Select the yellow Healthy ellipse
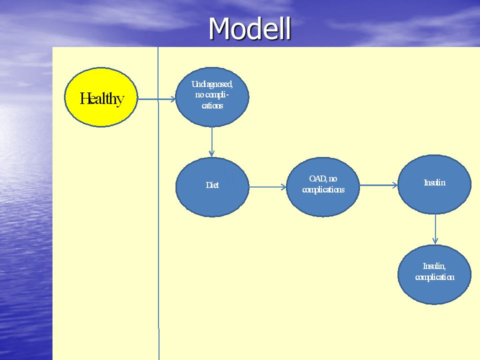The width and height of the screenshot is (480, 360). (101, 97)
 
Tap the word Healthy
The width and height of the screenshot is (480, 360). (101, 98)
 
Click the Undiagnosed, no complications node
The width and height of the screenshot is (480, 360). (212, 96)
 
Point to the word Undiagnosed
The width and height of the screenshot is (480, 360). (212, 84)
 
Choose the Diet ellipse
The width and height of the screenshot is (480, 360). (212, 187)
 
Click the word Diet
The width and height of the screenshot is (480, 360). (212, 185)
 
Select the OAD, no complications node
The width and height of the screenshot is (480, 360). (323, 186)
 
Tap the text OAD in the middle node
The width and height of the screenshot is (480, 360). (317, 178)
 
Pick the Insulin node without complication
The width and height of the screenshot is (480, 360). (434, 184)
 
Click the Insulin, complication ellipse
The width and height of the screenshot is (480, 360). (434, 274)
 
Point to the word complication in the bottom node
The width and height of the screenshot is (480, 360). (434, 277)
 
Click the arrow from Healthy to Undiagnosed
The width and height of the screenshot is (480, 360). (156, 99)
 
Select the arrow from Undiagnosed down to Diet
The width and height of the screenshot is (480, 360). (211, 142)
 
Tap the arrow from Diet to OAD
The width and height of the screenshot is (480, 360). (268, 186)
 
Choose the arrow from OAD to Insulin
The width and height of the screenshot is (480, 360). (378, 185)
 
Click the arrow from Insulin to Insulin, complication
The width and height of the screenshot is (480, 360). (435, 229)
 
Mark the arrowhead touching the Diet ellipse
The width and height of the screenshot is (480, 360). (211, 153)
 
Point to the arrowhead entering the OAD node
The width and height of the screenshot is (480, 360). (283, 186)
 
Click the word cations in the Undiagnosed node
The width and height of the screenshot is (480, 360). (212, 106)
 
